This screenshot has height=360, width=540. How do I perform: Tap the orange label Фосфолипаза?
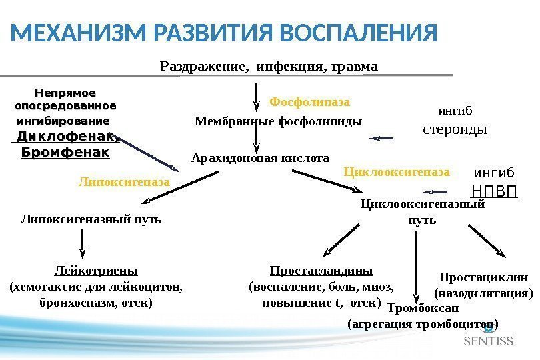click(309, 102)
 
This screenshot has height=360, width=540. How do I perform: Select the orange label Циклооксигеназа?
click(397, 171)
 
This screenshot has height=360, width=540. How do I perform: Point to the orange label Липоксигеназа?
click(125, 181)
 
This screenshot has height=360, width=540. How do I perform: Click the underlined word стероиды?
click(455, 128)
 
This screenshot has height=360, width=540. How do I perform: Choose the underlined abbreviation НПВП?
click(494, 191)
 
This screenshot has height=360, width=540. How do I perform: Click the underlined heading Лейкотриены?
click(95, 271)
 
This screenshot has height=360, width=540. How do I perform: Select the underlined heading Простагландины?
click(321, 271)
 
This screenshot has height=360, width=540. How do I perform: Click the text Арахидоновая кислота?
click(260, 159)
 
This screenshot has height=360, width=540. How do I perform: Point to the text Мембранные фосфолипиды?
click(278, 122)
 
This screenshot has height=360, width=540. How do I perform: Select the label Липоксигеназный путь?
click(91, 219)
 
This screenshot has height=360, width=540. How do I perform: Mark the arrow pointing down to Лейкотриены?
click(82, 244)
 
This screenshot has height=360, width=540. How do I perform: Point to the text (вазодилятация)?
click(483, 293)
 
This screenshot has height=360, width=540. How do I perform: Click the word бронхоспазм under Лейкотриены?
click(66, 303)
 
